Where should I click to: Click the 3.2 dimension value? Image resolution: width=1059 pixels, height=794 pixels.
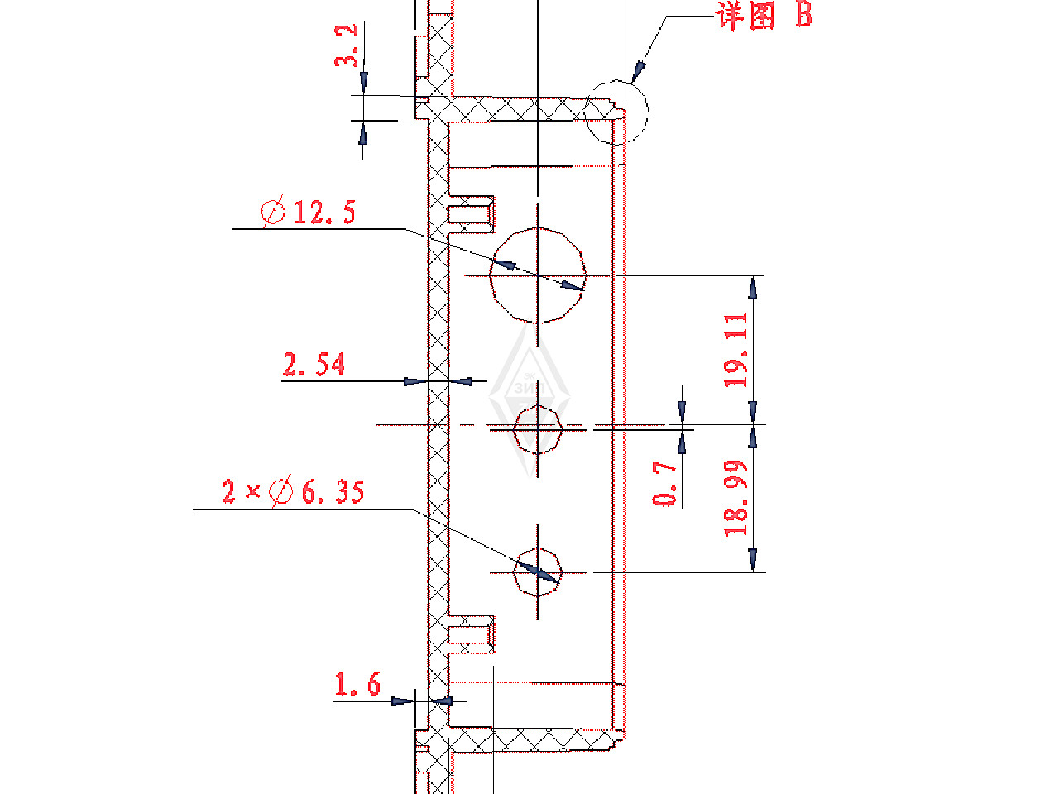346,45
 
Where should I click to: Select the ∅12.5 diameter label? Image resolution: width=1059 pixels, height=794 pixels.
308,211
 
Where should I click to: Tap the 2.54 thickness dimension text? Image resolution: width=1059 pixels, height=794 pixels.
314,364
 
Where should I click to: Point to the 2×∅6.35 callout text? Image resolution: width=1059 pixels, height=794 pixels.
293,491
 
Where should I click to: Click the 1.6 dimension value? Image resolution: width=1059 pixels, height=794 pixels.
357,684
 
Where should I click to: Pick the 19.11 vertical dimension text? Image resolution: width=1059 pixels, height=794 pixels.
736,351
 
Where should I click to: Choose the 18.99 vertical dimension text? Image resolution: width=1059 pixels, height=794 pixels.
736,498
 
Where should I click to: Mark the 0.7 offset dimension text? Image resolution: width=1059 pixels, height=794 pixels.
664,483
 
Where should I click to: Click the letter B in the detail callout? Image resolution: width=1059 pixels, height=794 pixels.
804,14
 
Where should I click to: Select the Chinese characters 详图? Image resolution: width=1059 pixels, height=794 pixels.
745,16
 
